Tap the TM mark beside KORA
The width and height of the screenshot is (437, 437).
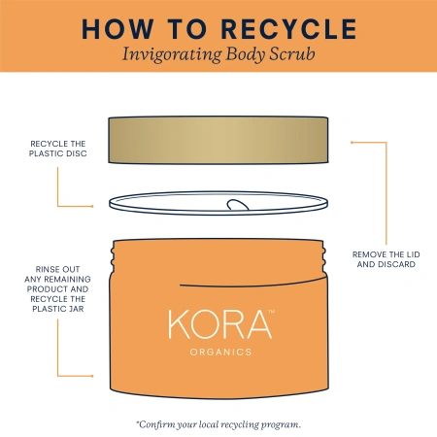[x=274, y=312]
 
